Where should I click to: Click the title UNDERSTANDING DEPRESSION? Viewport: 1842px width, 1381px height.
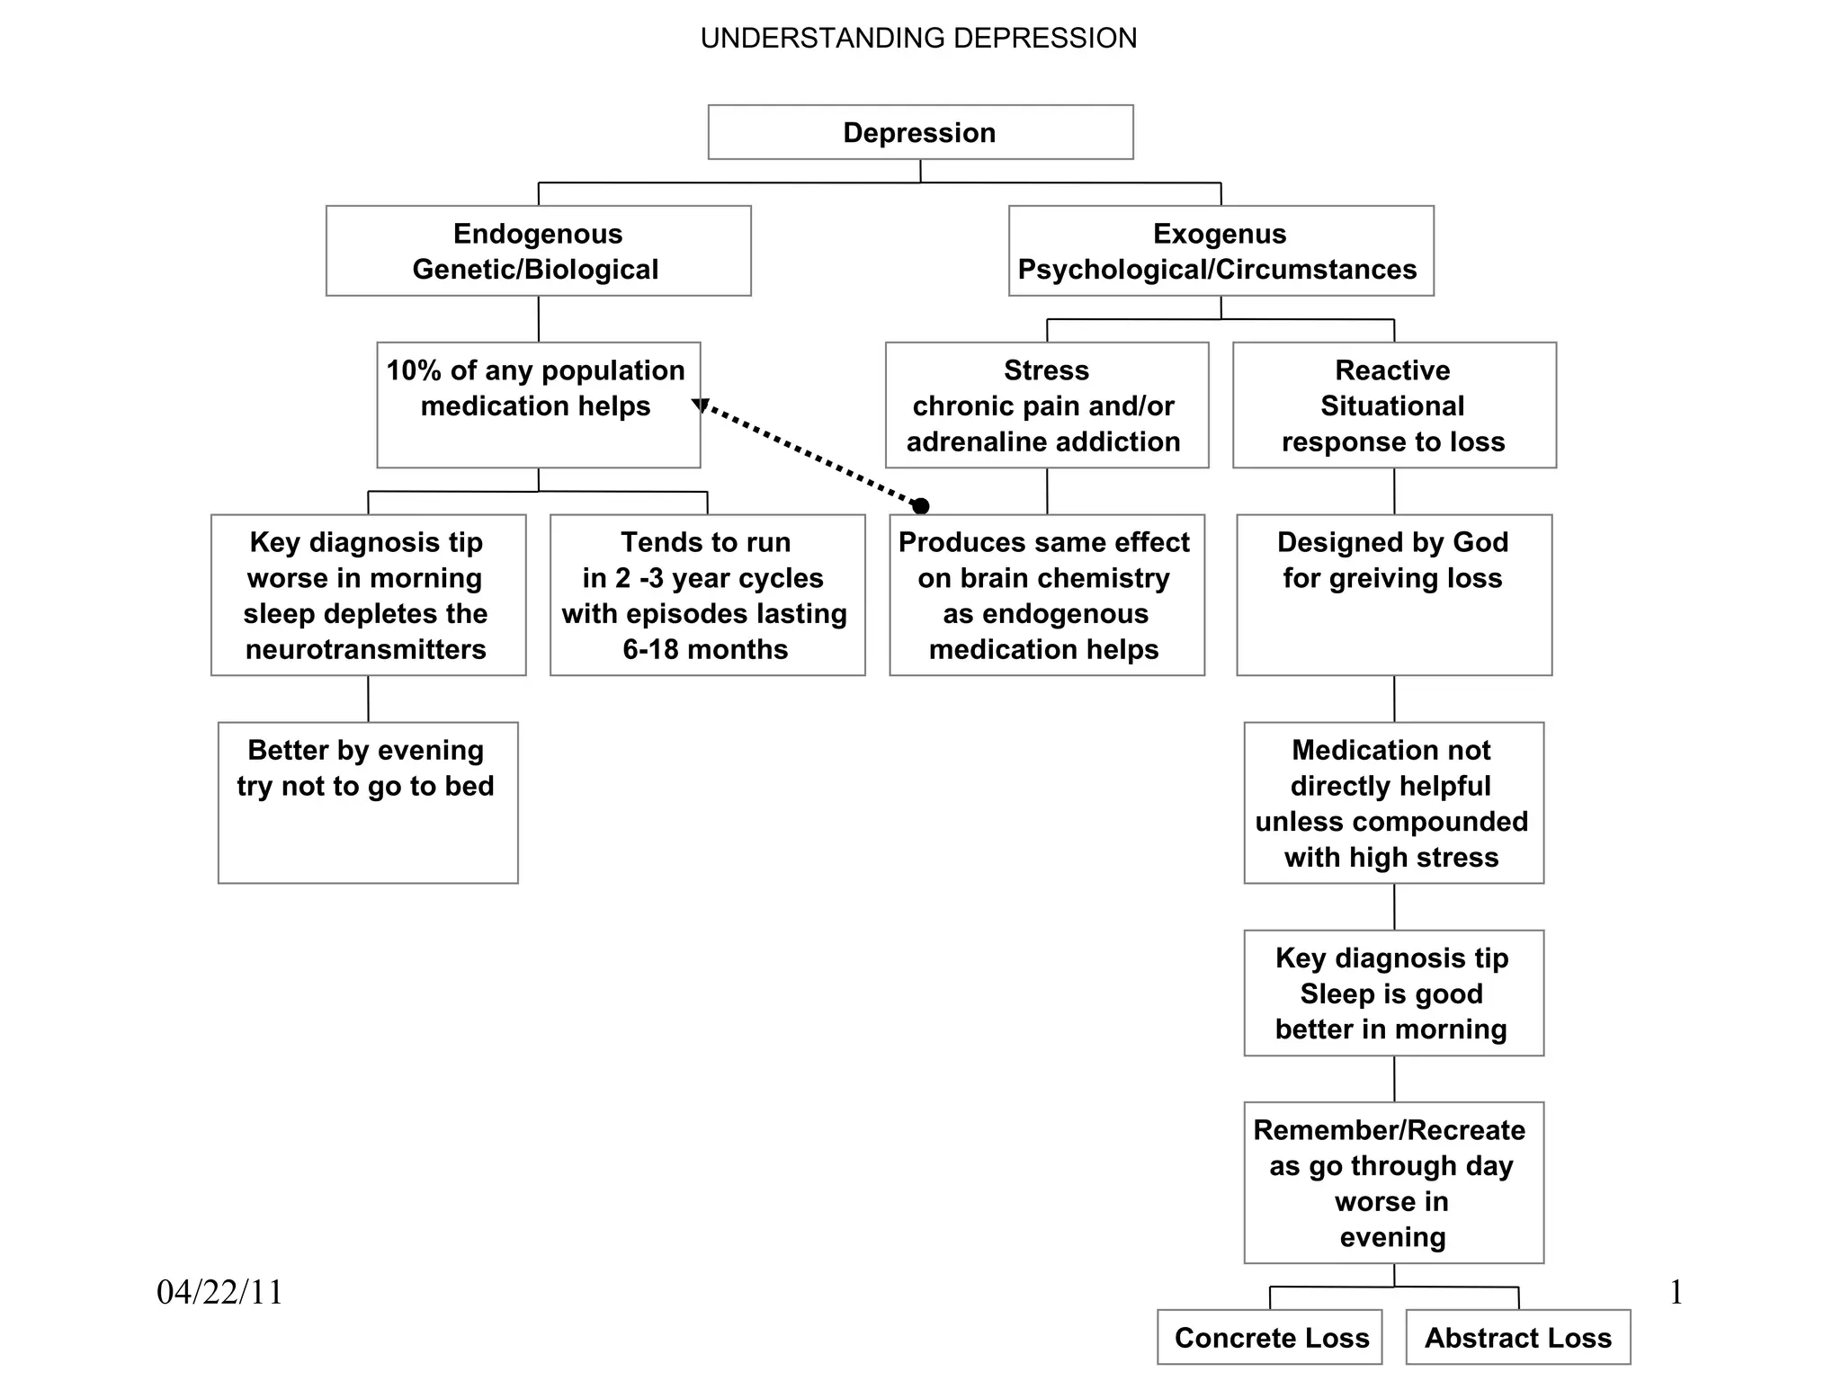[x=918, y=39]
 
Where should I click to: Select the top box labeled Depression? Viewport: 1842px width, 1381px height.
[x=920, y=132]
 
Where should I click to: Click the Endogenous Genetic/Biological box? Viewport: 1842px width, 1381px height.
[x=538, y=251]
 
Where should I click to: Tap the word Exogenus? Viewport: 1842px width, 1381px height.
[x=1220, y=234]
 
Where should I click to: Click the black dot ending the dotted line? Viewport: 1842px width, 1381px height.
[x=920, y=506]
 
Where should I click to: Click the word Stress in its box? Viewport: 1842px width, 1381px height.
[x=1046, y=370]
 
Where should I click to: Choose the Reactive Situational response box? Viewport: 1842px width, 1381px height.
[x=1393, y=405]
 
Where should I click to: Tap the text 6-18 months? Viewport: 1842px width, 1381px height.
[x=705, y=649]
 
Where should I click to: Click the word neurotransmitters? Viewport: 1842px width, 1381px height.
[x=366, y=649]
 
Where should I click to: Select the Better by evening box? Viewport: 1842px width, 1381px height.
[x=367, y=802]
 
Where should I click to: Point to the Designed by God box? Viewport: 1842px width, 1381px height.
[x=1393, y=594]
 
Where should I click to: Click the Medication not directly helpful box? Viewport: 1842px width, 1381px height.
[x=1393, y=802]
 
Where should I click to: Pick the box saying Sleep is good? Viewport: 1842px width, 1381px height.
[x=1393, y=993]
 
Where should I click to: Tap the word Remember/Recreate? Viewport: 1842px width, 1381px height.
[x=1390, y=1130]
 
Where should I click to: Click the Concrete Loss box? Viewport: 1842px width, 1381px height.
[x=1270, y=1337]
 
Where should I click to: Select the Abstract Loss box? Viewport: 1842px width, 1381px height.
[x=1517, y=1337]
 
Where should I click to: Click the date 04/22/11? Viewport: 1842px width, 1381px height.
[x=220, y=1292]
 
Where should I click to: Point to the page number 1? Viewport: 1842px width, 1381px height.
[x=1676, y=1292]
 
